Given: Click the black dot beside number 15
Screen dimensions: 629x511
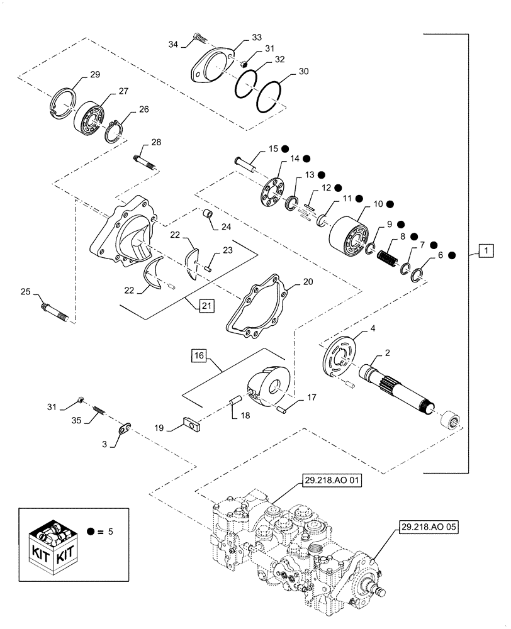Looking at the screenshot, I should click(285, 149).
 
